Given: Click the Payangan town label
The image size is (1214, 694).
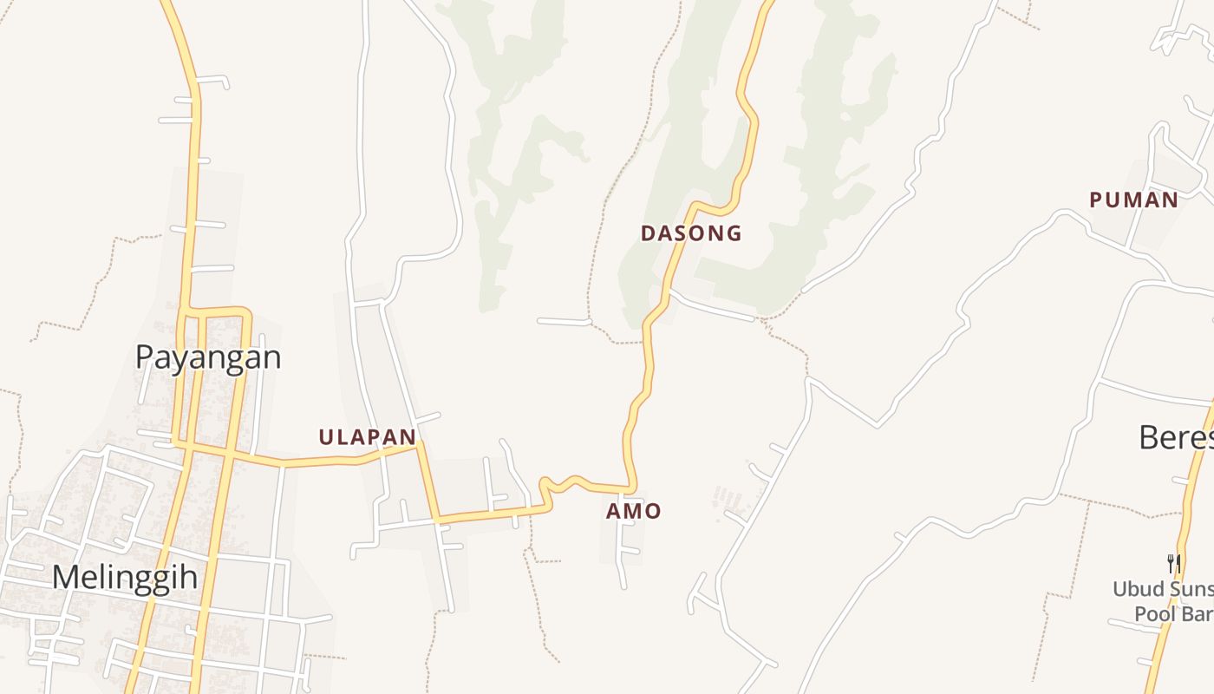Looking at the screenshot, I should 208,357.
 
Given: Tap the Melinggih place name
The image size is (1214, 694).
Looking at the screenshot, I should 125,578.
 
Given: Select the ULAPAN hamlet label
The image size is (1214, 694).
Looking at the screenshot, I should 367,437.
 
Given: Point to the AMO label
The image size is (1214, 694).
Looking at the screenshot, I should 633,512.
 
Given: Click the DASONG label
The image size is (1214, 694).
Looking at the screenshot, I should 691,233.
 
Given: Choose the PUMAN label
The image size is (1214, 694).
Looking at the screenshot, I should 1133,200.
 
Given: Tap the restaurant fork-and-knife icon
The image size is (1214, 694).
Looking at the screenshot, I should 1174,563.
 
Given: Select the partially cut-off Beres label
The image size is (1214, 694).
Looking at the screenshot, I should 1176,437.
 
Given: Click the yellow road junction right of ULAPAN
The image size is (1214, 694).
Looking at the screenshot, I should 420,445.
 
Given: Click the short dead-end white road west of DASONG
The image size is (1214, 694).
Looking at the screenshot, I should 564,322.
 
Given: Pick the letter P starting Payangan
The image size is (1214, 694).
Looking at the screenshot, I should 146,357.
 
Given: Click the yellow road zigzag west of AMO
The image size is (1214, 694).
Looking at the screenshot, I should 559,482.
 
